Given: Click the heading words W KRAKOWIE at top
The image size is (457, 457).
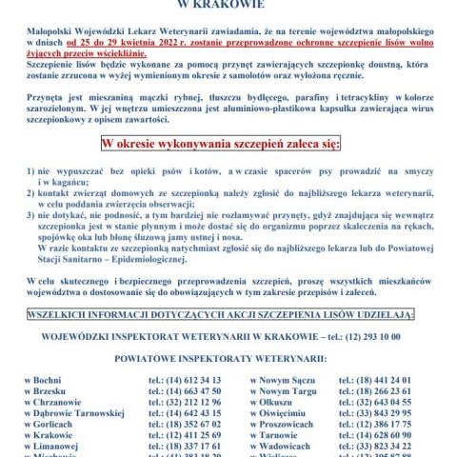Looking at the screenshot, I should (229, 5).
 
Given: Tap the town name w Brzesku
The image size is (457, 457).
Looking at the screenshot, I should (50, 391).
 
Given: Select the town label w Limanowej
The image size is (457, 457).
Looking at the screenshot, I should (56, 448).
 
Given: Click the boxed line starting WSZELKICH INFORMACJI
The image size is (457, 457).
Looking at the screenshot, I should (228, 313).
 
